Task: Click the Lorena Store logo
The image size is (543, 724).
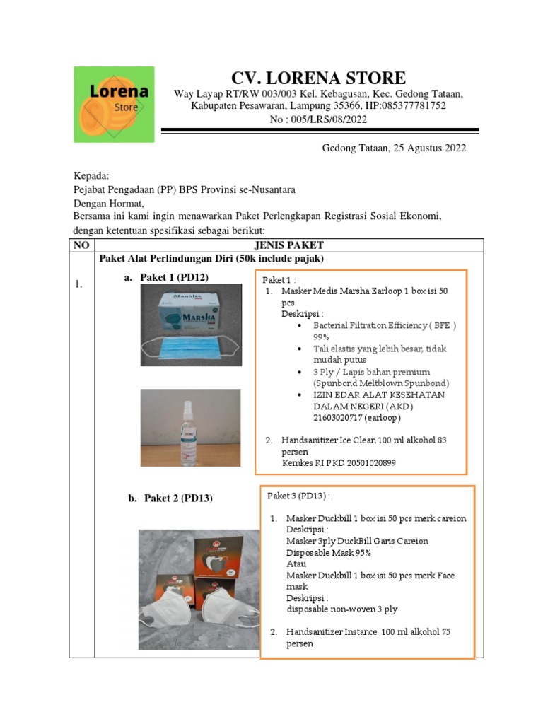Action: (x=114, y=104)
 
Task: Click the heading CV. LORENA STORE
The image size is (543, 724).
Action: (x=319, y=78)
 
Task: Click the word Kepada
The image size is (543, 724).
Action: (x=92, y=176)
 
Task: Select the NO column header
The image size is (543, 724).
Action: (x=81, y=245)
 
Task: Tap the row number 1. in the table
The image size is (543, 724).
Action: (x=79, y=284)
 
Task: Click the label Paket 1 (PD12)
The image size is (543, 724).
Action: (x=174, y=277)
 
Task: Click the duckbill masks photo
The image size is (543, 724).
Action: (x=199, y=589)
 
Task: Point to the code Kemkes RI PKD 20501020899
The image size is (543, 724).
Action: (x=339, y=462)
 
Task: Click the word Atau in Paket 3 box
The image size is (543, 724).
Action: (x=296, y=564)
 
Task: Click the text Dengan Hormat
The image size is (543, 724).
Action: (x=108, y=203)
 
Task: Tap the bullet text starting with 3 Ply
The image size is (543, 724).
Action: (x=371, y=372)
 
